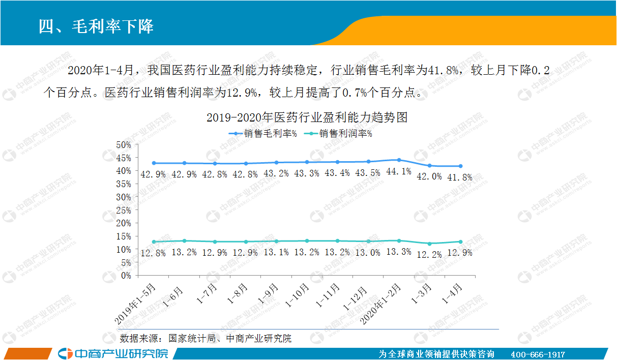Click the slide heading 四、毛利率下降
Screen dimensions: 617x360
96,27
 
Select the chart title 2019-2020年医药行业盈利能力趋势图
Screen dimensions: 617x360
307,117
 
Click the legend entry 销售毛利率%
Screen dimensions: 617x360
263,134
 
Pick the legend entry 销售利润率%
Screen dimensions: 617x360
338,134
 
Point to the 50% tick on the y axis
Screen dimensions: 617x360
124,145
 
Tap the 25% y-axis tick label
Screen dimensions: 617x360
124,211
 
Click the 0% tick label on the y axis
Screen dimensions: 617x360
126,276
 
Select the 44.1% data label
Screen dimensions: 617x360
399,171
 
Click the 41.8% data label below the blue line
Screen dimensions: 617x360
460,177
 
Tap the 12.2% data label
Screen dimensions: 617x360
429,255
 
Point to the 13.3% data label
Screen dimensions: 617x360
399,252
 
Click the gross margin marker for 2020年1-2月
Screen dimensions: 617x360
399,160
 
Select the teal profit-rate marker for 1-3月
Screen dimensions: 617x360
429,244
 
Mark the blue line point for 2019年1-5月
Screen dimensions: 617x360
154,163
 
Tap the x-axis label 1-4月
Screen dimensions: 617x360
452,293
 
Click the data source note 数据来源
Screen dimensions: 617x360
205,339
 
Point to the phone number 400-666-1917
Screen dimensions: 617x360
538,354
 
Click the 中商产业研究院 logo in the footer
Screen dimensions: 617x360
113,354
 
